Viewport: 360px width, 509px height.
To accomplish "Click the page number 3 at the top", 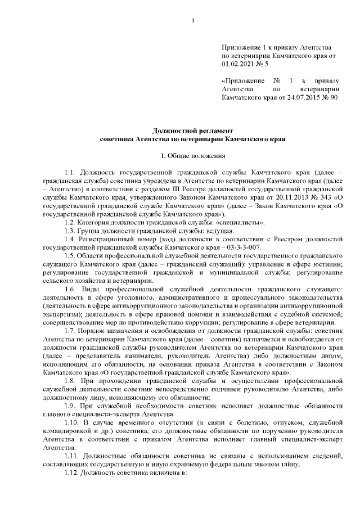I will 193,22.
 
